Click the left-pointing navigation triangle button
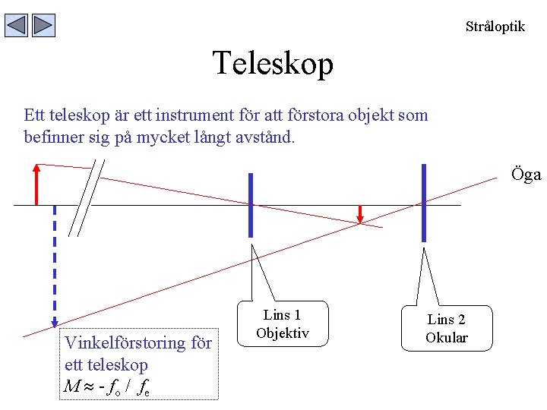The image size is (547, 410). click(17, 26)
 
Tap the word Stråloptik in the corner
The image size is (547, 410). click(495, 27)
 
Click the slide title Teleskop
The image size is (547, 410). click(273, 63)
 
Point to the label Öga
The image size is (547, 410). click(526, 175)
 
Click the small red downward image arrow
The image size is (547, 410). click(361, 215)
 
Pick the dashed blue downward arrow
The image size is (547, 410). click(55, 266)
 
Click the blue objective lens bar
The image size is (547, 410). click(251, 205)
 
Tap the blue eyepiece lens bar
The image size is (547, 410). click(423, 203)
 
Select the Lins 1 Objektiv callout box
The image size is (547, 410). click(283, 324)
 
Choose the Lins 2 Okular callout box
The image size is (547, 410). click(447, 330)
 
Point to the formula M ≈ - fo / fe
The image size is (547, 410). click(107, 387)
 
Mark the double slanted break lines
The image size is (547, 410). click(87, 198)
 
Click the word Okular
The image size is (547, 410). click(447, 338)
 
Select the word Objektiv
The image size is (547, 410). click(283, 333)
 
